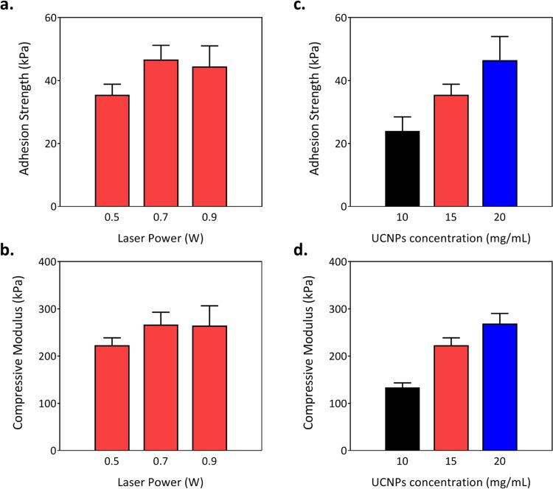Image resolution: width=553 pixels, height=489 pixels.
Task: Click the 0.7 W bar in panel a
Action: (x=161, y=133)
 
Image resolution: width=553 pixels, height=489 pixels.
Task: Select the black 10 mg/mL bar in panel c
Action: (x=402, y=169)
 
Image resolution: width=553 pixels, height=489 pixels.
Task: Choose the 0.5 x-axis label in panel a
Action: (x=112, y=219)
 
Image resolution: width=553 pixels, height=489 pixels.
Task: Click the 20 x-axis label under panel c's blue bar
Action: (x=499, y=219)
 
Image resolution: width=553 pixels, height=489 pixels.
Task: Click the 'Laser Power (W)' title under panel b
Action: (x=161, y=482)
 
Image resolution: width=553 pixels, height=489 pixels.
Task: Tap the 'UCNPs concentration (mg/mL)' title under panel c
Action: (x=451, y=238)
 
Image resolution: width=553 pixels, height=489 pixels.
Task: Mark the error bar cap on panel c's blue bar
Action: (x=499, y=37)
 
